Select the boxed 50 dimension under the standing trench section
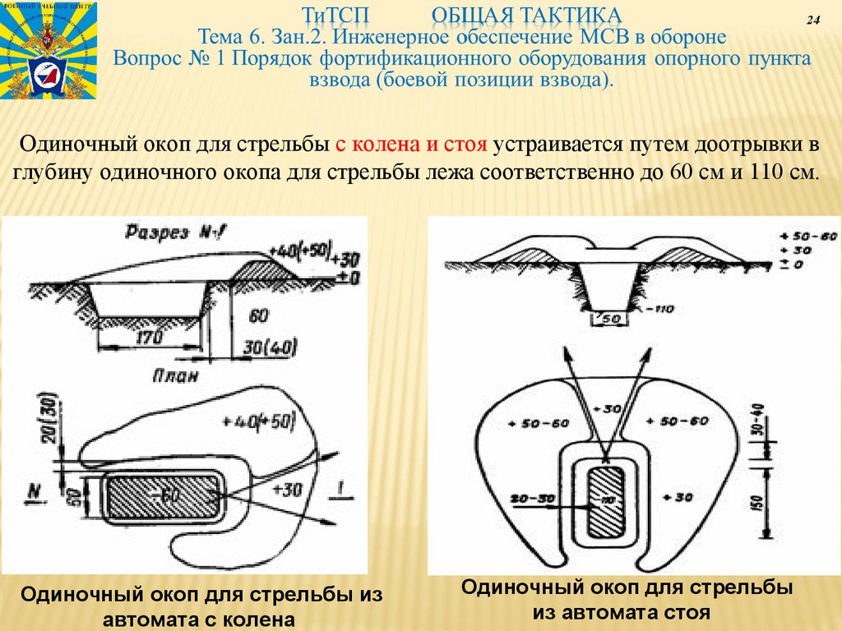611,319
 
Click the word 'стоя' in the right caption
683,613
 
